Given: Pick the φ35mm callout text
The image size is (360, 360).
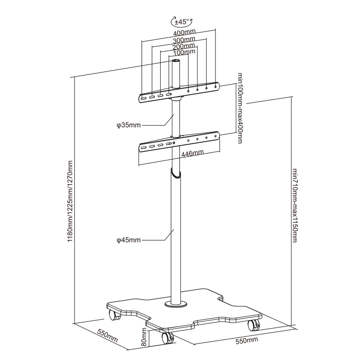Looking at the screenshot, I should [x=128, y=126].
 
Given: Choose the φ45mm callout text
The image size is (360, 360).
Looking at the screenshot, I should [x=128, y=240].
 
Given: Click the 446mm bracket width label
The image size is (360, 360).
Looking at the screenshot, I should [x=193, y=154].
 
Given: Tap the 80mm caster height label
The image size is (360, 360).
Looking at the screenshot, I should [x=144, y=336].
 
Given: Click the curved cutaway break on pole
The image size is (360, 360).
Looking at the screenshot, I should [x=176, y=173].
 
